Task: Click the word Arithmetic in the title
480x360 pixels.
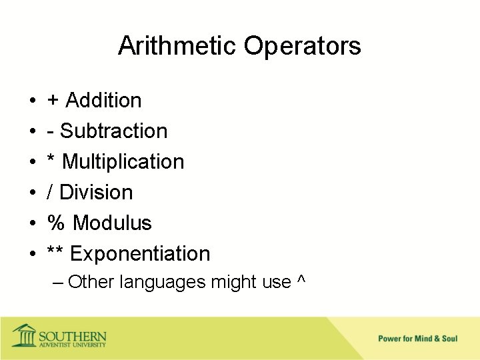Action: pos(177,46)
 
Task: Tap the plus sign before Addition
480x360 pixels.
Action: pos(53,101)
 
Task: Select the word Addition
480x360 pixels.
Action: pos(103,100)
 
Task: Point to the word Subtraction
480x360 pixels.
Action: pos(113,131)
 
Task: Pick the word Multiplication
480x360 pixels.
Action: pos(123,161)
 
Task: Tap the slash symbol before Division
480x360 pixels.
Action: pos(50,192)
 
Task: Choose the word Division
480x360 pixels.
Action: pos(96,192)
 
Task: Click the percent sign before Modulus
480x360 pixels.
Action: pos(55,223)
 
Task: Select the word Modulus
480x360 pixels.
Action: pos(112,223)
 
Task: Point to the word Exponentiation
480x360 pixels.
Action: pos(140,254)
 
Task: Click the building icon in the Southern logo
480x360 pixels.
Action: pos(24,335)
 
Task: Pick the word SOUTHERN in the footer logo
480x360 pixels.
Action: pos(72,334)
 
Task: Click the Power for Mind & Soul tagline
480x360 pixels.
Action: pos(417,339)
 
